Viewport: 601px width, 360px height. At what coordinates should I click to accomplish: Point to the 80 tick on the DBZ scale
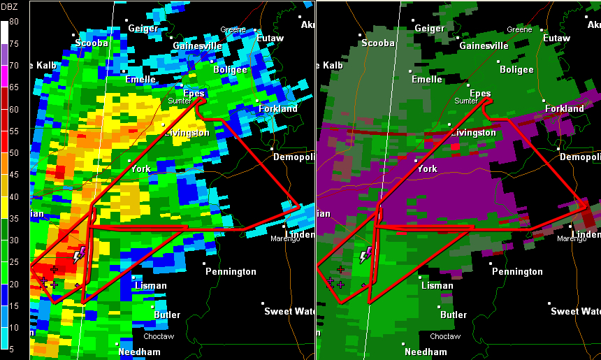pos(14,22)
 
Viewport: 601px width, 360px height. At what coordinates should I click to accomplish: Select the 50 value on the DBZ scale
pos(14,153)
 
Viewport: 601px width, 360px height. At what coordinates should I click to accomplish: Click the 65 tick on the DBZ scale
pos(14,87)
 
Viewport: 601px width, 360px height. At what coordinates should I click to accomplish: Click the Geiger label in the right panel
pos(430,29)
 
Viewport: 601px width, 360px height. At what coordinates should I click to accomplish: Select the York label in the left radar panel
pos(140,169)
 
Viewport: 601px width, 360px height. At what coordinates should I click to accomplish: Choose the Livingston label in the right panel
pos(473,133)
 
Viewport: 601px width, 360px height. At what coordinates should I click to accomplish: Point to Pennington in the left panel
pos(231,271)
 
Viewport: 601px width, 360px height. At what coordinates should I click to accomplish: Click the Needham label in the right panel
pos(426,352)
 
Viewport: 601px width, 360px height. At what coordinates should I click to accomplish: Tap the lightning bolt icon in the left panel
pos(79,254)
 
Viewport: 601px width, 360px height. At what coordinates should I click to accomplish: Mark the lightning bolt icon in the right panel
pos(365,254)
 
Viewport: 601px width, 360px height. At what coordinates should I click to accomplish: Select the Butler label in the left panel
pos(167,315)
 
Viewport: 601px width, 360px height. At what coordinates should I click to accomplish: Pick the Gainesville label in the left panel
pos(197,46)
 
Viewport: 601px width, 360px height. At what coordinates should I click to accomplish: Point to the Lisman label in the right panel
pos(437,286)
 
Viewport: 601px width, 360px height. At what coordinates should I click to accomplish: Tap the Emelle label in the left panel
pos(140,80)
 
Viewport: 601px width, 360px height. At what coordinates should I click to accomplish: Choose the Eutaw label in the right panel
pos(556,38)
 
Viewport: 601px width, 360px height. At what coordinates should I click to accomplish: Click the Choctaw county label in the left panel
pos(159,336)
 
